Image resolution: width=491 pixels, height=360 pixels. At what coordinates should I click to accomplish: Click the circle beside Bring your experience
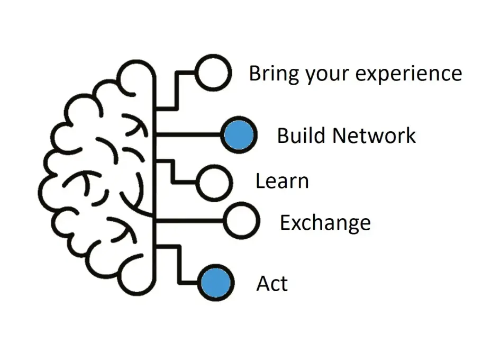(213, 73)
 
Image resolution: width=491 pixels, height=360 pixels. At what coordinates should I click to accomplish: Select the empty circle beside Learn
(214, 183)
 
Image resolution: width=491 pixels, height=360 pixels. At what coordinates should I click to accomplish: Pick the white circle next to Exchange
(241, 221)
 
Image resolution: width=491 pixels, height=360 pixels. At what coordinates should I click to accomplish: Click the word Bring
(275, 74)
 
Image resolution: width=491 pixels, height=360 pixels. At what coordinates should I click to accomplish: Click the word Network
(374, 136)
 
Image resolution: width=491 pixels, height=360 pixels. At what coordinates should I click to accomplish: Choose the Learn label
(282, 181)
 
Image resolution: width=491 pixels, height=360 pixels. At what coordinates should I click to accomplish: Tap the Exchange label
(325, 223)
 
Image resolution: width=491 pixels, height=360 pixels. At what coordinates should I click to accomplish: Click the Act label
(272, 284)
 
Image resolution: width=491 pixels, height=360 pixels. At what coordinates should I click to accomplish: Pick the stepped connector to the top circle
(177, 90)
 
